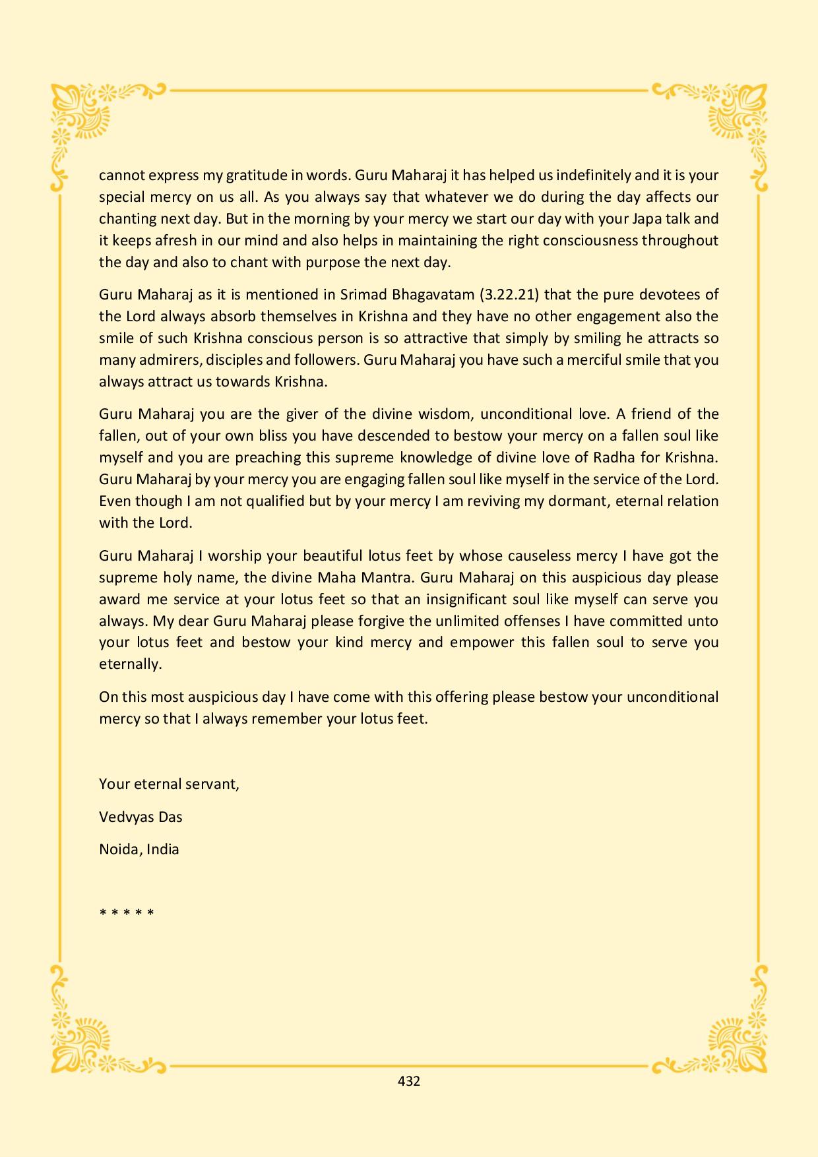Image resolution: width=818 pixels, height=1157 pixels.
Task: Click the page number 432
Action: click(x=409, y=1081)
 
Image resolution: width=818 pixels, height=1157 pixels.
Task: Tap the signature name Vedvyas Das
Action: click(x=141, y=817)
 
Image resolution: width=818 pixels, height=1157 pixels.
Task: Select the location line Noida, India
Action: click(x=139, y=849)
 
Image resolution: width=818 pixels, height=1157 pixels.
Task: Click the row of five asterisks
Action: click(x=127, y=914)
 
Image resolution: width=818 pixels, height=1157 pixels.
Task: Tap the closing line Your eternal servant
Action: click(x=169, y=784)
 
